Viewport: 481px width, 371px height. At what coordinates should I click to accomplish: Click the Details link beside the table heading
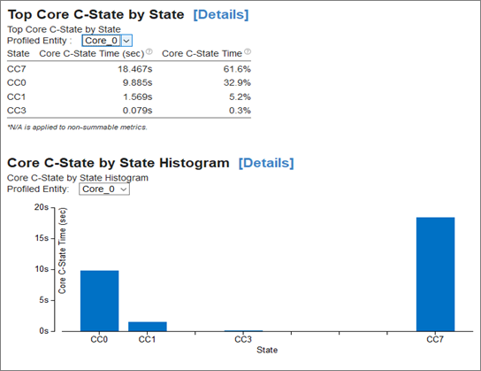(x=221, y=15)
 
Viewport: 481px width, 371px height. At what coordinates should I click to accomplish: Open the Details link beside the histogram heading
(x=266, y=163)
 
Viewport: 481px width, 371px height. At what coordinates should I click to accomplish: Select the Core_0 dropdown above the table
(x=107, y=41)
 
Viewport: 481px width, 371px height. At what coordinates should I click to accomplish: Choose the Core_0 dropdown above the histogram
(x=104, y=189)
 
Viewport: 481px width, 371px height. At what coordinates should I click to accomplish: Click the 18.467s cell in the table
(x=135, y=69)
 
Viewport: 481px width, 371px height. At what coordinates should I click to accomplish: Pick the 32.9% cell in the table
(x=237, y=83)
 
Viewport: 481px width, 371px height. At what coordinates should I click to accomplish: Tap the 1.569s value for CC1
(x=137, y=97)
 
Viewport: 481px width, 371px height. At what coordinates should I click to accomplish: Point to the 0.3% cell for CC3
(x=240, y=111)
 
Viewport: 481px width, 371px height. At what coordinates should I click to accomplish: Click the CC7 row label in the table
(x=17, y=69)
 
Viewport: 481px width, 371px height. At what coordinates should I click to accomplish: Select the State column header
(x=19, y=54)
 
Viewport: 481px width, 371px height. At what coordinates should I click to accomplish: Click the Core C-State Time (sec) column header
(x=91, y=54)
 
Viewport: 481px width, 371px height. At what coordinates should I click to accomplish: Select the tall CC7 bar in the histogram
(x=435, y=274)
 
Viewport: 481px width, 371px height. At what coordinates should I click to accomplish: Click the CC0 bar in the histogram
(x=99, y=301)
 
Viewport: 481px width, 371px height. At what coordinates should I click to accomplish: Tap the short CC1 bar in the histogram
(x=148, y=327)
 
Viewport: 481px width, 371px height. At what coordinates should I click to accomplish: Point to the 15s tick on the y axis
(x=53, y=238)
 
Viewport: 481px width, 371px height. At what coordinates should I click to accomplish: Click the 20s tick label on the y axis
(x=42, y=207)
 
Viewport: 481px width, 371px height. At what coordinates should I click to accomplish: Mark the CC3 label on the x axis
(x=243, y=339)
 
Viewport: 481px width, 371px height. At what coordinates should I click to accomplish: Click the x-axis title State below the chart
(x=267, y=350)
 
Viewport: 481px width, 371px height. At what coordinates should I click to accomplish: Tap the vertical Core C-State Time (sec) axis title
(x=62, y=251)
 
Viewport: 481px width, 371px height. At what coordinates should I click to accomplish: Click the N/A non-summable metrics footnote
(x=77, y=128)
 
